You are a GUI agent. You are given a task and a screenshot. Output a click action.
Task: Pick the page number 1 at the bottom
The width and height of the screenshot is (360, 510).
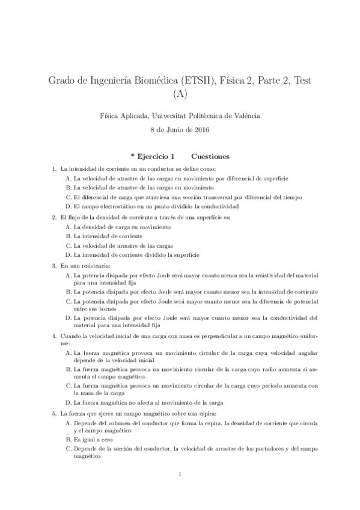point(180,475)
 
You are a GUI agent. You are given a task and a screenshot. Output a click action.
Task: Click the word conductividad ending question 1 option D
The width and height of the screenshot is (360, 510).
point(225,206)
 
